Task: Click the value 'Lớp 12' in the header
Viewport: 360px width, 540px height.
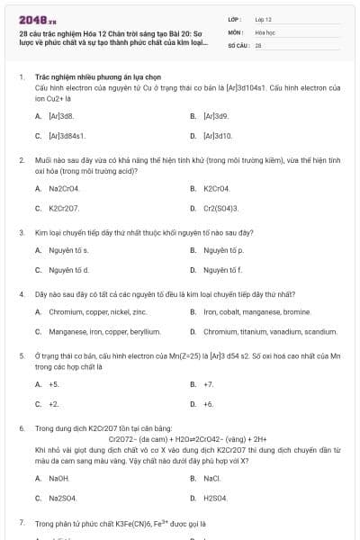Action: point(263,19)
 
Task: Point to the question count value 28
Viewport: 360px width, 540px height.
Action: point(258,44)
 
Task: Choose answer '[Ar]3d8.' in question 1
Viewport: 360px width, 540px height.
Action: point(60,116)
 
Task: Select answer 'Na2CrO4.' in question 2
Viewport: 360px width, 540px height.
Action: point(64,188)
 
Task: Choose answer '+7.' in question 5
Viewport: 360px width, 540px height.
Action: point(208,384)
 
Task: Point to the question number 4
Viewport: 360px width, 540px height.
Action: point(21,293)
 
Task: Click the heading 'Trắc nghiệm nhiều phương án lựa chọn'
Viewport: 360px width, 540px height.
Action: point(90,77)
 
